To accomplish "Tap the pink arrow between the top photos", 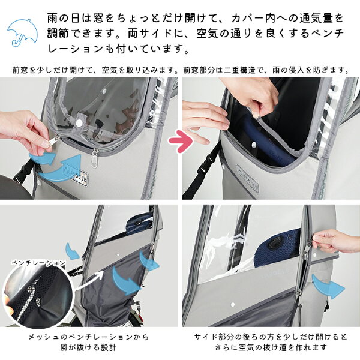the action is click(x=181, y=141).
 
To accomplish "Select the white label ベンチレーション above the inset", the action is click(x=38, y=262).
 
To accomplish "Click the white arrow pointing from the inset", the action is click(x=89, y=282).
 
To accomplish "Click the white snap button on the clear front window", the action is click(x=80, y=122).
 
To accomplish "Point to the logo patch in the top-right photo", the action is click(x=247, y=178).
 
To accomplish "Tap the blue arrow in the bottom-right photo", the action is click(x=328, y=286).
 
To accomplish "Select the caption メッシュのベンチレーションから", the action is click(x=88, y=337).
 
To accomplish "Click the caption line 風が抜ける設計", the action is click(x=88, y=347).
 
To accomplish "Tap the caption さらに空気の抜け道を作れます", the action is click(x=271, y=347).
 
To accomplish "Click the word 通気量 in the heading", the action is click(x=316, y=19).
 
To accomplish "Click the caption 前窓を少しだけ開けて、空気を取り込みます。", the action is click(x=95, y=70).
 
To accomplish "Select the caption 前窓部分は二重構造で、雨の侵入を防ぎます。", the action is click(x=266, y=70).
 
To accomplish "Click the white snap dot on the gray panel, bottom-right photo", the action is click(x=233, y=305).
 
